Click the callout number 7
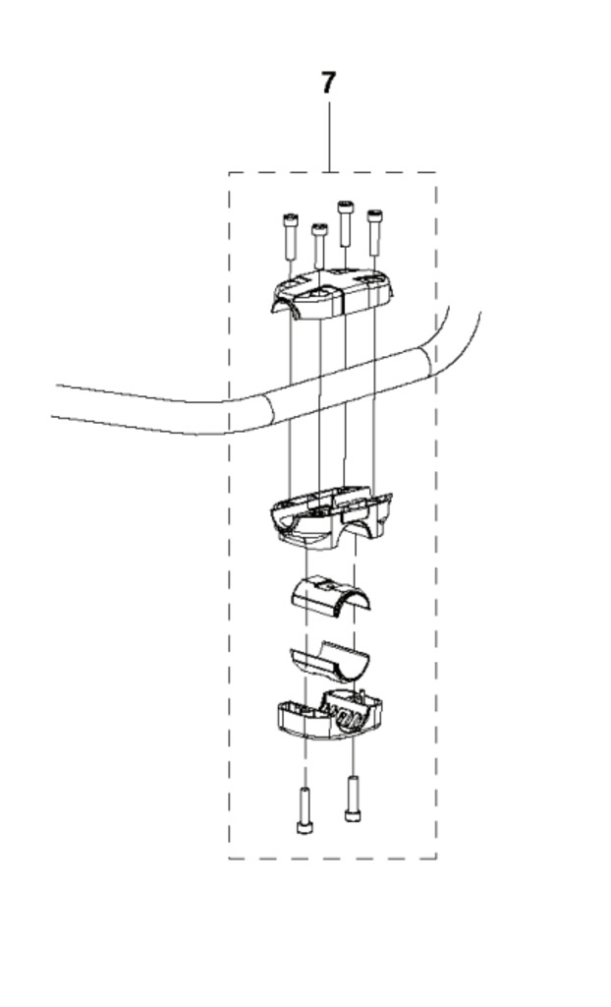328,83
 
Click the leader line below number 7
329,136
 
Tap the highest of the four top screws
346,223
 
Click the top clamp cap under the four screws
331,293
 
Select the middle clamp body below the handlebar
330,519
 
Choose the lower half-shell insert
329,661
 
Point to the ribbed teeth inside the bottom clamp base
347,715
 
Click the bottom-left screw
305,810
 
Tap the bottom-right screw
353,799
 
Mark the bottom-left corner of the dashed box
229,858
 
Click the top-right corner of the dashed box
436,172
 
